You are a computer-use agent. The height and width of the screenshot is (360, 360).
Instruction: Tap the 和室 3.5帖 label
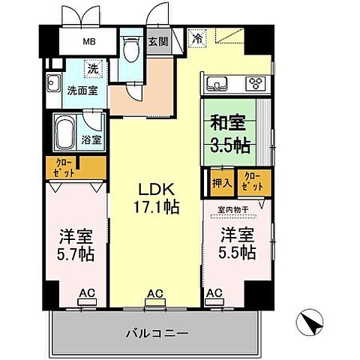coord(229,133)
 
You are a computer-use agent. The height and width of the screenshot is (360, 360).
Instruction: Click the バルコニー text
coord(155,331)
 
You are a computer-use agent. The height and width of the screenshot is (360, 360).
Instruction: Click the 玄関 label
coord(158,42)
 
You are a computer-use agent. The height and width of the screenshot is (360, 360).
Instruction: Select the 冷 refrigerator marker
coord(198,35)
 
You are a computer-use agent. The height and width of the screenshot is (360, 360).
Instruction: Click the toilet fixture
coord(133,49)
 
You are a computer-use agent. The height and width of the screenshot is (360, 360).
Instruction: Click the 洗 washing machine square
coord(92,69)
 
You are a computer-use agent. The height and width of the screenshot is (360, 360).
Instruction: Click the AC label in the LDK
coord(155,295)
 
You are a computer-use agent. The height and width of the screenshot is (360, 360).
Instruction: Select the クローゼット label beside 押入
coord(251,180)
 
